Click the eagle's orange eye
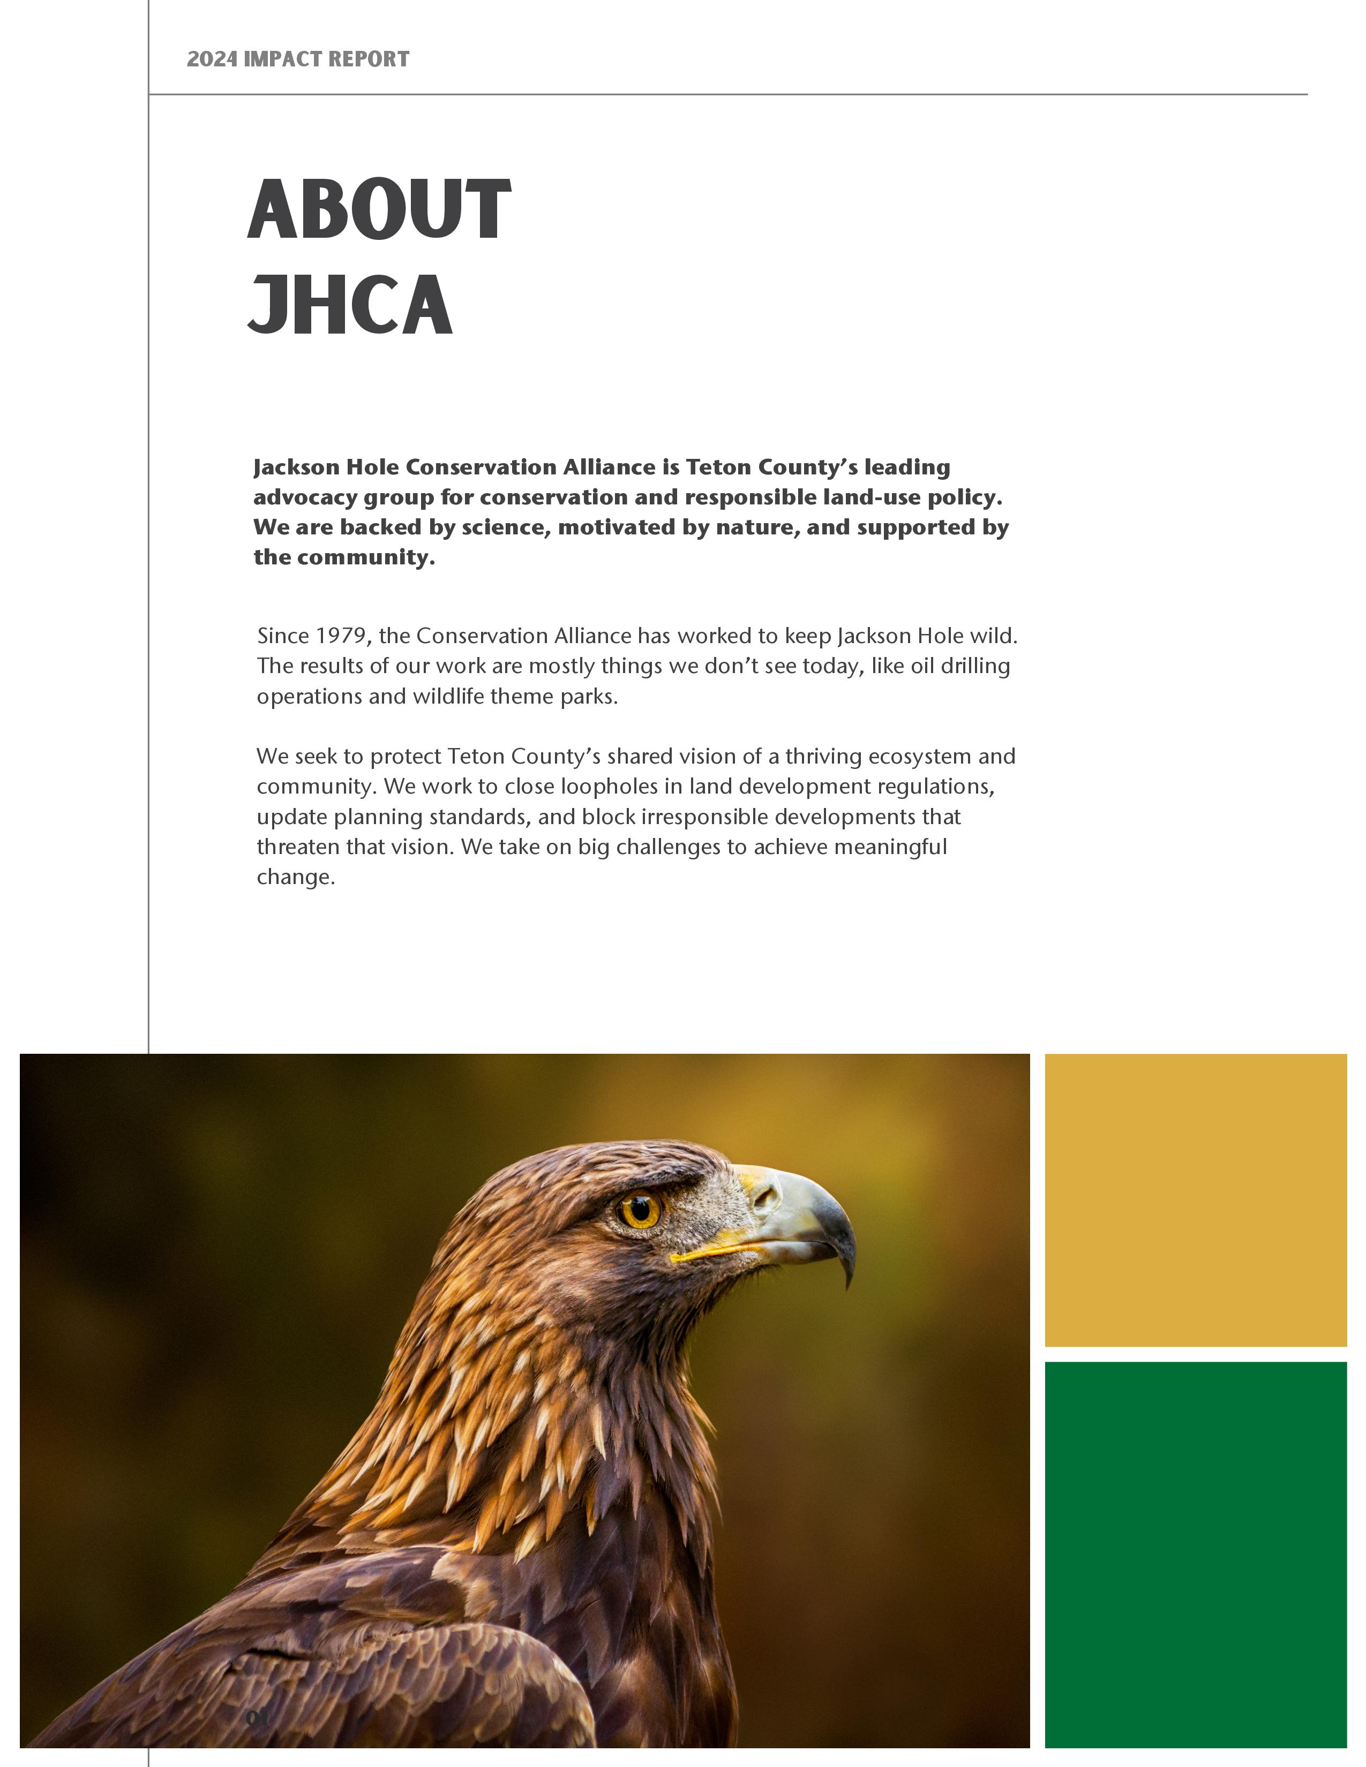pos(641,1210)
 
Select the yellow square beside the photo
pos(1195,1200)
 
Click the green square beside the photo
pos(1195,1554)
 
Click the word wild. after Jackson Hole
pos(993,636)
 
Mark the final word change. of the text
pos(295,877)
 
